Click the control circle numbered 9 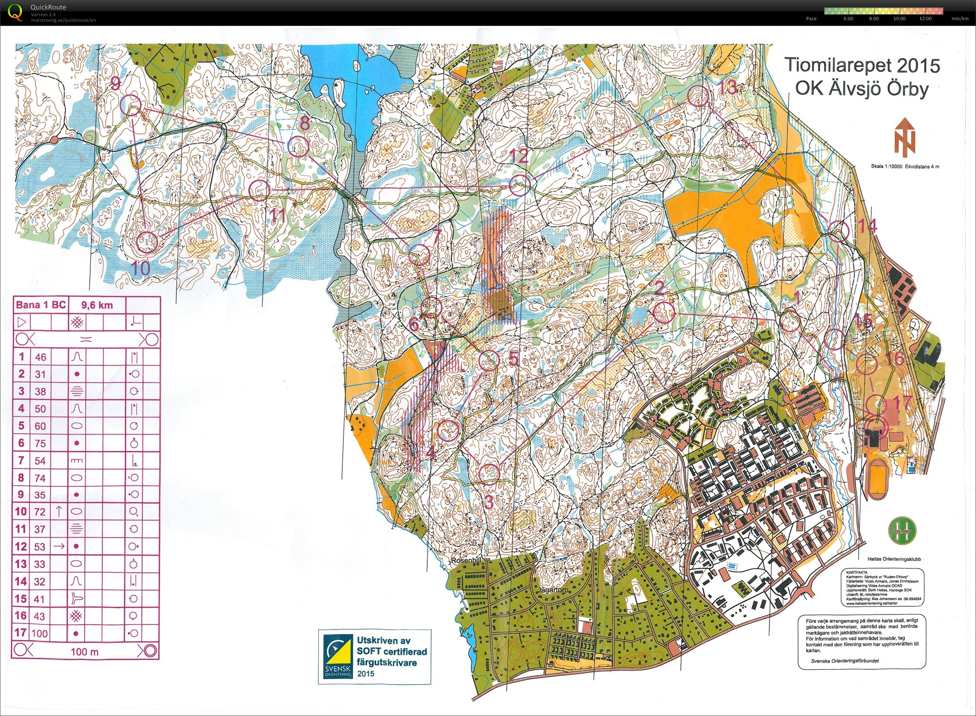pyautogui.click(x=131, y=105)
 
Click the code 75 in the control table pyautogui.click(x=40, y=443)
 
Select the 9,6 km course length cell pyautogui.click(x=97, y=305)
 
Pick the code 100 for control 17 pyautogui.click(x=39, y=633)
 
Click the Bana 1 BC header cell pyautogui.click(x=41, y=305)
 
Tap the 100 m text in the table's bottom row pyautogui.click(x=85, y=651)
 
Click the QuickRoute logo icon pyautogui.click(x=14, y=12)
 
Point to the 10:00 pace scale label pyautogui.click(x=899, y=19)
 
